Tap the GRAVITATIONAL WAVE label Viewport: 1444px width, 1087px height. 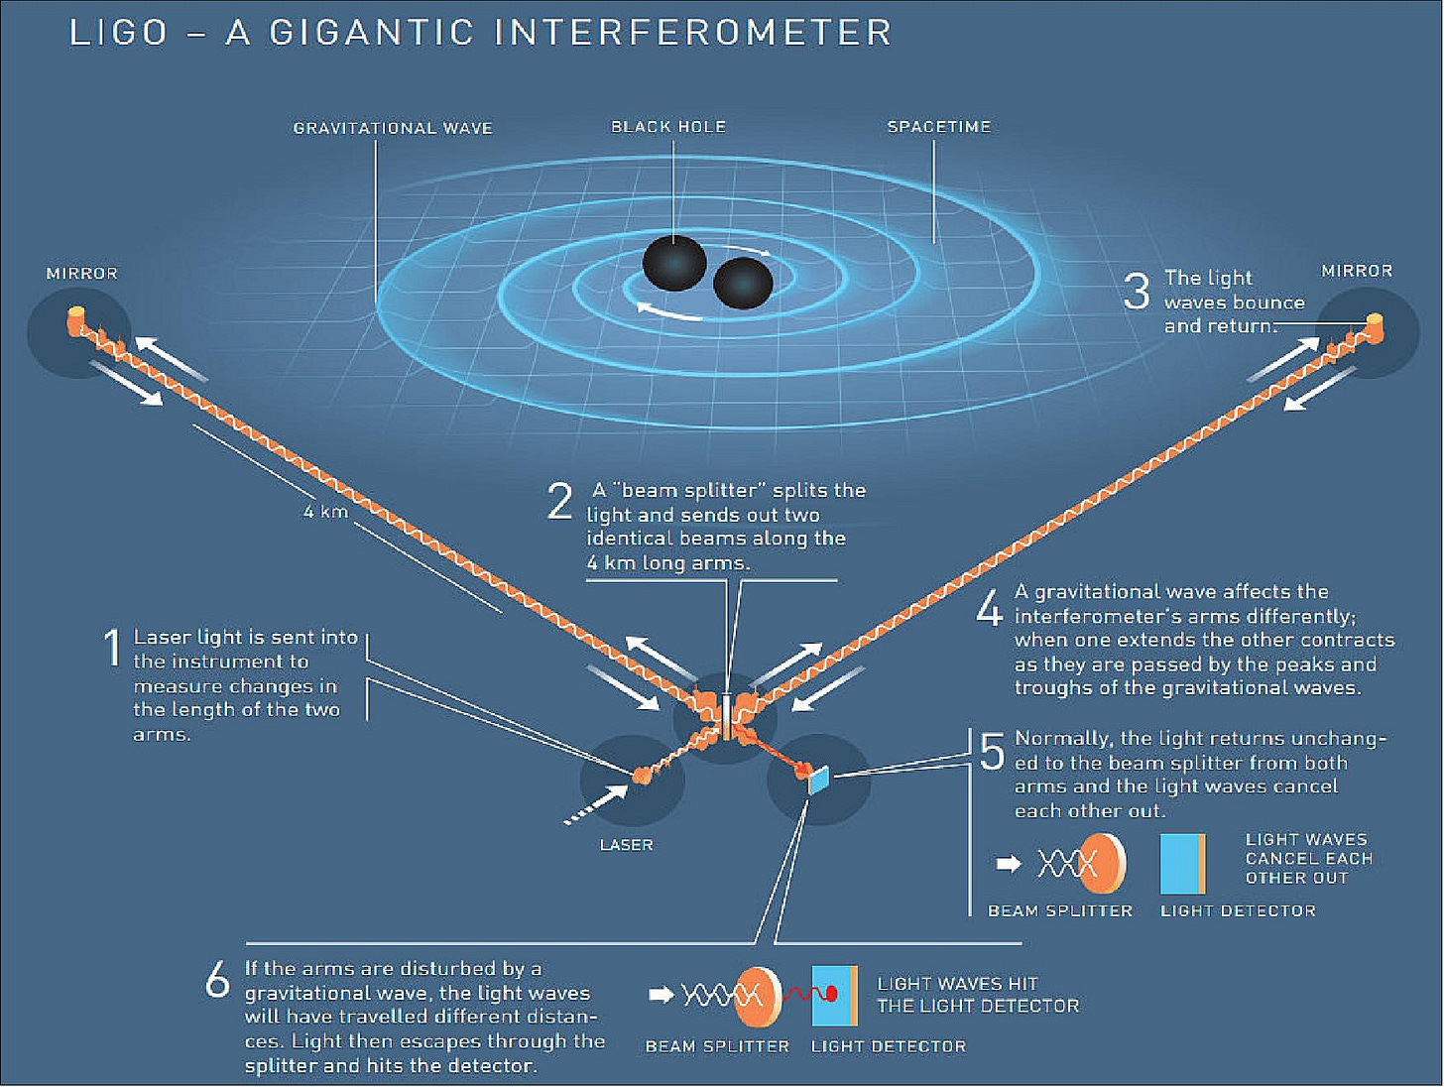[393, 128]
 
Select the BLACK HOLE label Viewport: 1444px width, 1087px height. [668, 127]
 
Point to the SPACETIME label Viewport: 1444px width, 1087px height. [939, 127]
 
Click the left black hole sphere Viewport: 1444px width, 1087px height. [674, 263]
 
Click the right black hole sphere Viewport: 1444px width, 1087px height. [743, 283]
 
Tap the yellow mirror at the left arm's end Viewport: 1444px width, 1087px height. [76, 320]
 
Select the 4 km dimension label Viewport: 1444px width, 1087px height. [325, 512]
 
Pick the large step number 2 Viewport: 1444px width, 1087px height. [560, 501]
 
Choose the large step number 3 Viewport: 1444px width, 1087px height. [1137, 291]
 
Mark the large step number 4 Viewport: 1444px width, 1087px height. [990, 607]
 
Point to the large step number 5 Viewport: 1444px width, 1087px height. [992, 752]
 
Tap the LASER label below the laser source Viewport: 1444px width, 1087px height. [627, 845]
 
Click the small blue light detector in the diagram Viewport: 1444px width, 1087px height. [818, 781]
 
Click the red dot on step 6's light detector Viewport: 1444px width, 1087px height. [831, 994]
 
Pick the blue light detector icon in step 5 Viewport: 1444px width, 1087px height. [1181, 864]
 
